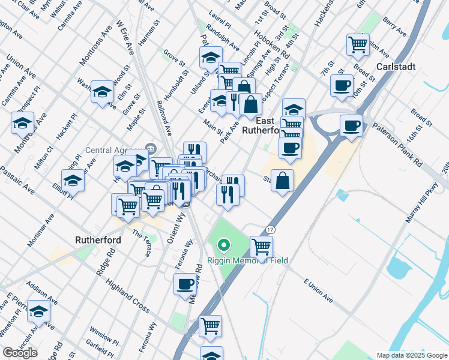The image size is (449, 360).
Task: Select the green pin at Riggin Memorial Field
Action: tap(224, 245)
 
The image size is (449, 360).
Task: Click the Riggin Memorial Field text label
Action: tap(248, 260)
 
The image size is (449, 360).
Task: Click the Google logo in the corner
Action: tap(20, 353)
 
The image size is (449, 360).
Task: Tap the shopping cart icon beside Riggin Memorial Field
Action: tap(261, 246)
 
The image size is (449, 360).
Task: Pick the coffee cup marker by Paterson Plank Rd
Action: tap(351, 126)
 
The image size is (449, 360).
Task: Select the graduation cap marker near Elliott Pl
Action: tap(73, 179)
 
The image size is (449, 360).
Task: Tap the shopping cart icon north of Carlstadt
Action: tap(358, 44)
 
